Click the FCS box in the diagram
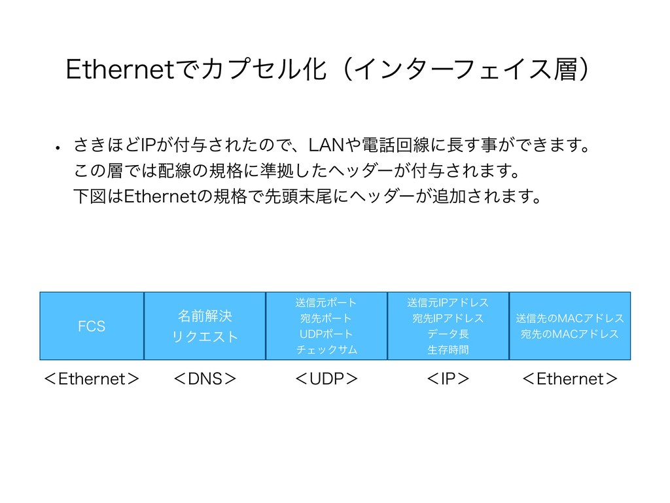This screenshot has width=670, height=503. pyautogui.click(x=92, y=326)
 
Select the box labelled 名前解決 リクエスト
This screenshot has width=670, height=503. pyautogui.click(x=205, y=326)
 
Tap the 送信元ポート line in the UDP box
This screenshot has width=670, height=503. pyautogui.click(x=326, y=302)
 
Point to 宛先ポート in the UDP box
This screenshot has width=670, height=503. pyautogui.click(x=326, y=318)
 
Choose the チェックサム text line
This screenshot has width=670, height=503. pyautogui.click(x=326, y=350)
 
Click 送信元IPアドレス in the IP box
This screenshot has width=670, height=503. pyautogui.click(x=448, y=302)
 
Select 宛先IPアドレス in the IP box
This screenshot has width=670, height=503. pyautogui.click(x=448, y=318)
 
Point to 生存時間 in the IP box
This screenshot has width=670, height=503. pyautogui.click(x=448, y=350)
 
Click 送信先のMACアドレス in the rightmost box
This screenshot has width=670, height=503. pyautogui.click(x=569, y=318)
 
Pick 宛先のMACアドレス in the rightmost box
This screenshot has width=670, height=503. pyautogui.click(x=569, y=334)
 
